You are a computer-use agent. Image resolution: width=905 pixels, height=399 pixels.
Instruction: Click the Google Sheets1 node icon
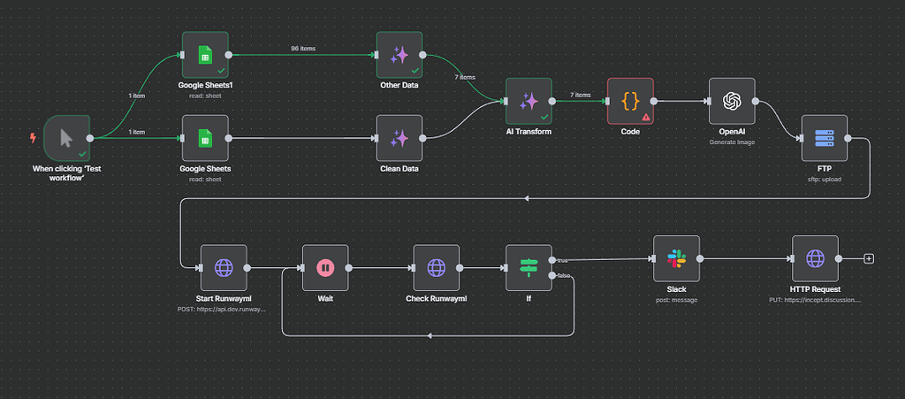[x=204, y=56]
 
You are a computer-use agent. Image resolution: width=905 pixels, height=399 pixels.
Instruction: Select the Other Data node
[x=399, y=56]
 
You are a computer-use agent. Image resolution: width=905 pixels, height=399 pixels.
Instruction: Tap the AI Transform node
[x=529, y=101]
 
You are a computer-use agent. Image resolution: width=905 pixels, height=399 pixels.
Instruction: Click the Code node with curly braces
[x=630, y=101]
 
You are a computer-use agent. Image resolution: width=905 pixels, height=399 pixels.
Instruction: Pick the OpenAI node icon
[x=732, y=101]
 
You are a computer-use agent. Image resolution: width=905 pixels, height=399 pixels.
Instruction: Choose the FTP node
[x=825, y=138]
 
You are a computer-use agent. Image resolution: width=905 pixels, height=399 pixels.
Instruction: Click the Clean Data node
[x=399, y=138]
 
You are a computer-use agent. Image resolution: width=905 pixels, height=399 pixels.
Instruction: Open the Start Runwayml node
[x=224, y=267]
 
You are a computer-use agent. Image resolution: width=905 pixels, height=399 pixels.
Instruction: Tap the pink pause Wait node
[x=325, y=267]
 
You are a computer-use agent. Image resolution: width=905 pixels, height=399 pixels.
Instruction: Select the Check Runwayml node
[x=436, y=267]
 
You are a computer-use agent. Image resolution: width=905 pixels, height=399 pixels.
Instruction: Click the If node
[x=529, y=267]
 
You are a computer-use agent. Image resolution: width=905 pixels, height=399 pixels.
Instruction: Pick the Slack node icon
[x=676, y=258]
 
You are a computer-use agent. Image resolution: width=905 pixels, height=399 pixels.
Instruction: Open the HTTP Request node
[x=815, y=258]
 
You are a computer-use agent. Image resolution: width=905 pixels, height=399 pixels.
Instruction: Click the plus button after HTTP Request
[x=869, y=258]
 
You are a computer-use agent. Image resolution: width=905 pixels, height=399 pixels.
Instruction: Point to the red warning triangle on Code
[x=646, y=116]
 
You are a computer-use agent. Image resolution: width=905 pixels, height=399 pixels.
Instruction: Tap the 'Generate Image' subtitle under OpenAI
[x=732, y=141]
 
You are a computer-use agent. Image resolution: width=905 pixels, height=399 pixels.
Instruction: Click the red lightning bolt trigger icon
[x=34, y=138]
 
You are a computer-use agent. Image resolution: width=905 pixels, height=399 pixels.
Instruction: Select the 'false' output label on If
[x=563, y=276]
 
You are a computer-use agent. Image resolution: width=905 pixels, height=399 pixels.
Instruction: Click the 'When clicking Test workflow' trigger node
[x=66, y=138]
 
